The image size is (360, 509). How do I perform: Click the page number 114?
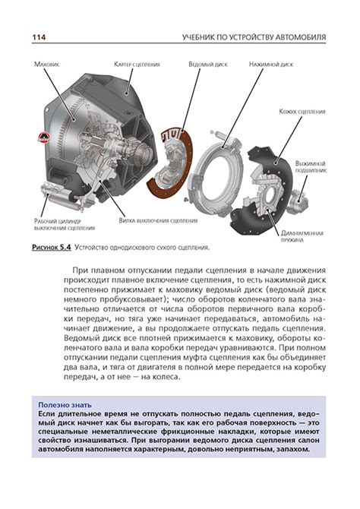tap(39, 37)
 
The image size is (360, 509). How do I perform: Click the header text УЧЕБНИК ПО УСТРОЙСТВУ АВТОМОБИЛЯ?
tap(254, 37)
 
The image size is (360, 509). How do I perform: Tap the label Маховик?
tap(47, 65)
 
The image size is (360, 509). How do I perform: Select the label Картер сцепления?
tap(137, 65)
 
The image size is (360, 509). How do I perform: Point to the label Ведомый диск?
tap(208, 65)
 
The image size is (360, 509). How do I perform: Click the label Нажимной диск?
tap(271, 65)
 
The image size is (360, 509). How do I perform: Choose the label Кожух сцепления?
tap(302, 112)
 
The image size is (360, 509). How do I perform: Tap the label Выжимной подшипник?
tap(311, 167)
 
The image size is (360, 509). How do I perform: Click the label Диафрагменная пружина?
tap(302, 236)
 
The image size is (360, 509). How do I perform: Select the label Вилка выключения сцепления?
tap(158, 221)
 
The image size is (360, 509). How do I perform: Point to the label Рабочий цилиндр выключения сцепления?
tap(65, 225)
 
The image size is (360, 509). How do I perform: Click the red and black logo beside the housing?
tap(43, 138)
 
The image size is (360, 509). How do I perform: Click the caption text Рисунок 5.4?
tap(52, 248)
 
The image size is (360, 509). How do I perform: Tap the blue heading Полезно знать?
tap(65, 405)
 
